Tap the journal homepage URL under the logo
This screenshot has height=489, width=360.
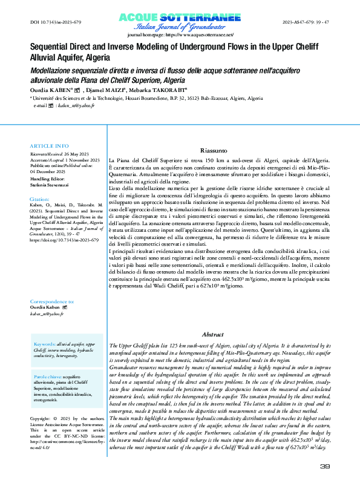(180, 36)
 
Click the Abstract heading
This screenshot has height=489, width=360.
(214, 335)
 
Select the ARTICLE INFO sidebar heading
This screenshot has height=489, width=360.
(50, 146)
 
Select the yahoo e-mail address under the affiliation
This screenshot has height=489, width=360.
(63, 105)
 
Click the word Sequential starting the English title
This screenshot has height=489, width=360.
(51, 45)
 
